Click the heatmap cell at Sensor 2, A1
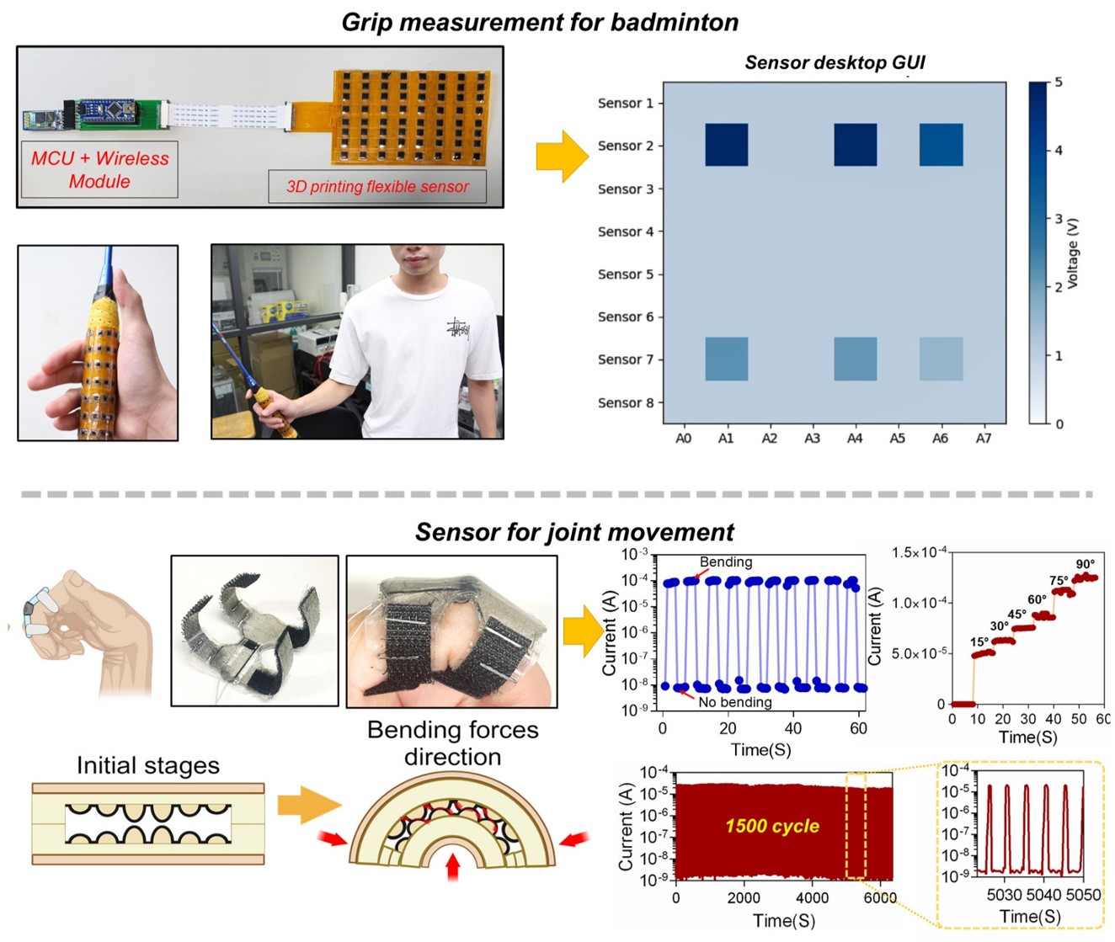pyautogui.click(x=726, y=145)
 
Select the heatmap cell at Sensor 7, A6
pyautogui.click(x=941, y=359)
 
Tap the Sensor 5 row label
pyautogui.click(x=625, y=274)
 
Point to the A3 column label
pyautogui.click(x=812, y=439)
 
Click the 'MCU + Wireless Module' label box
pyautogui.click(x=99, y=169)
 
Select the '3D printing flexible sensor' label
pyautogui.click(x=377, y=187)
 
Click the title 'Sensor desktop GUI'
pyautogui.click(x=835, y=62)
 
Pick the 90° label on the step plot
pyautogui.click(x=1086, y=564)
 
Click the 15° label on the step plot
pyautogui.click(x=979, y=642)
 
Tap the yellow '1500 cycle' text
pyautogui.click(x=772, y=827)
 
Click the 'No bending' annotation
pyautogui.click(x=734, y=702)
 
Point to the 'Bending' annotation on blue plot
pyautogui.click(x=726, y=562)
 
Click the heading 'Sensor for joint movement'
pyautogui.click(x=574, y=532)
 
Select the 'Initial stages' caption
pyautogui.click(x=148, y=765)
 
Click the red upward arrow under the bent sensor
pyautogui.click(x=453, y=866)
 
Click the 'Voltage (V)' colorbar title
pyautogui.click(x=1072, y=253)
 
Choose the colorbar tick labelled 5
pyautogui.click(x=1059, y=82)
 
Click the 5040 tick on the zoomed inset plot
pyautogui.click(x=1044, y=894)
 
